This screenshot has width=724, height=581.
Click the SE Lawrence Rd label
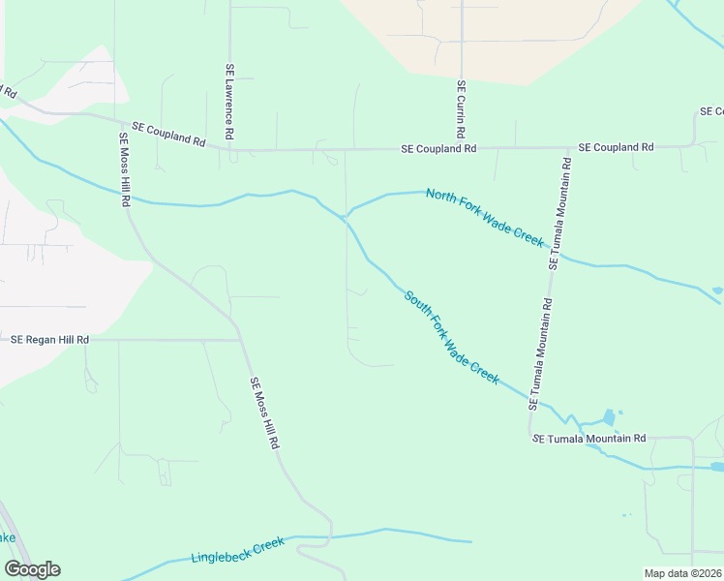tap(230, 101)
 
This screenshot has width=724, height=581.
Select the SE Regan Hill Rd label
tap(49, 340)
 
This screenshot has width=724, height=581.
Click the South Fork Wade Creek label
tap(451, 338)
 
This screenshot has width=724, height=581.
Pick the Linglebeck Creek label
tap(237, 550)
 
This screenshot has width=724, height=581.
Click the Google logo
tap(32, 569)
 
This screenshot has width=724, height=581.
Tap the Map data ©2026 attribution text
tap(681, 573)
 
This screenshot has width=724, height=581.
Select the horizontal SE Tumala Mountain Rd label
tap(588, 439)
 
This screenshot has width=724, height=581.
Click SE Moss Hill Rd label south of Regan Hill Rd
tap(265, 413)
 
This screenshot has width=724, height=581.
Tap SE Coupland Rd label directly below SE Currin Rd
tap(439, 149)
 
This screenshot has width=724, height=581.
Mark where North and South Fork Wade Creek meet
tap(346, 216)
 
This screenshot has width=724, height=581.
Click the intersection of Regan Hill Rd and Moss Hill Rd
tap(240, 340)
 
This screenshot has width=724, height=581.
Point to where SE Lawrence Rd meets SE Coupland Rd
tap(231, 150)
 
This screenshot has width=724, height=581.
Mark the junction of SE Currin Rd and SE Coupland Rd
tap(462, 148)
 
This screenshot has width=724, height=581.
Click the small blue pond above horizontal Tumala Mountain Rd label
tap(608, 417)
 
